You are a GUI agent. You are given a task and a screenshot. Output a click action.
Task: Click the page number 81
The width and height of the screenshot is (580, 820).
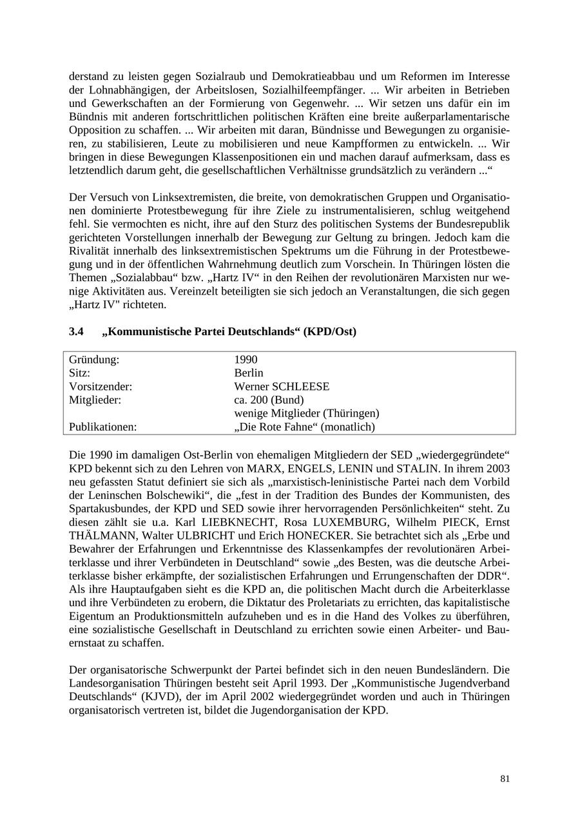coord(505,779)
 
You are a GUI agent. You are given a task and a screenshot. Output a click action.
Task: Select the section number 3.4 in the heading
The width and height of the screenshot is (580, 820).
coord(76,331)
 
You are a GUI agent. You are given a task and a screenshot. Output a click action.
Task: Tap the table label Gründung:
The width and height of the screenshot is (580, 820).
coord(94,360)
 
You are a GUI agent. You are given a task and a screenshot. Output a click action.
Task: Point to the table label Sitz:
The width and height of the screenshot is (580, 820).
coord(79,373)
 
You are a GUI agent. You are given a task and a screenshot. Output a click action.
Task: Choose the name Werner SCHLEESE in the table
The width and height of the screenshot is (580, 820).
coord(282,387)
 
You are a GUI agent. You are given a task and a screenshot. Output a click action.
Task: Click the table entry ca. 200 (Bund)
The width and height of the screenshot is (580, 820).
coord(269,400)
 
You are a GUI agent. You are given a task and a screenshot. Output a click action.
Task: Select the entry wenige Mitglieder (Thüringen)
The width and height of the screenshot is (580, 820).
coord(307,413)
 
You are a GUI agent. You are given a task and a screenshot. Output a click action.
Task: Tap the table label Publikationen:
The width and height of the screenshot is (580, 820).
coord(103,427)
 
